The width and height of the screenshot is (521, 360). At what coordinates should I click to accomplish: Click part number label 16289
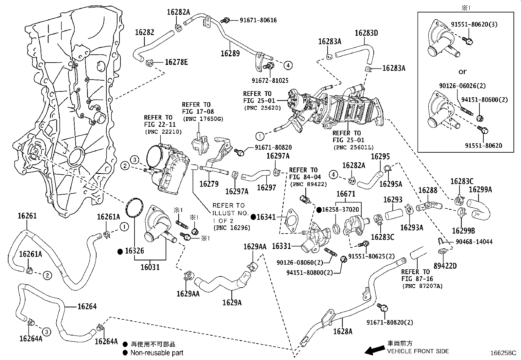click(x=230, y=53)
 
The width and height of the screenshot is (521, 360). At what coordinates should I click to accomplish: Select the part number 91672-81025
click(x=270, y=80)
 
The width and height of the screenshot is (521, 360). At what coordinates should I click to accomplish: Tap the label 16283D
click(x=366, y=33)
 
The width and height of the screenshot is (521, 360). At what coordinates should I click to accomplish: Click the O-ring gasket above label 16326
click(x=135, y=208)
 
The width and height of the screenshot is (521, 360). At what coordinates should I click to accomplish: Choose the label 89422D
click(x=445, y=266)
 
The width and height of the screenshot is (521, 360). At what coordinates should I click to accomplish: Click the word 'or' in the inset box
click(x=462, y=71)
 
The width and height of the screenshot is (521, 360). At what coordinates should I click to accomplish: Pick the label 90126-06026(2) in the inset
click(x=462, y=86)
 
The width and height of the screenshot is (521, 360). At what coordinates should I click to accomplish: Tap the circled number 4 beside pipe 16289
click(x=288, y=66)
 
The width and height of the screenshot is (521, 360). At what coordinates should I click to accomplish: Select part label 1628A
click(x=343, y=331)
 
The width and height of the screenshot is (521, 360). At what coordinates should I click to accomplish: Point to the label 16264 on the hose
click(x=87, y=306)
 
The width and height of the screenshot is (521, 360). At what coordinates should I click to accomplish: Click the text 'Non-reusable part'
click(x=157, y=353)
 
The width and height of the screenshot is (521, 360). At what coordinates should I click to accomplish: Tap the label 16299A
click(x=480, y=189)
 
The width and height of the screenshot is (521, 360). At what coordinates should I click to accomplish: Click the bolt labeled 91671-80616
click(x=225, y=20)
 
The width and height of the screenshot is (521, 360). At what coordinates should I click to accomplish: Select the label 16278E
click(x=176, y=62)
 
